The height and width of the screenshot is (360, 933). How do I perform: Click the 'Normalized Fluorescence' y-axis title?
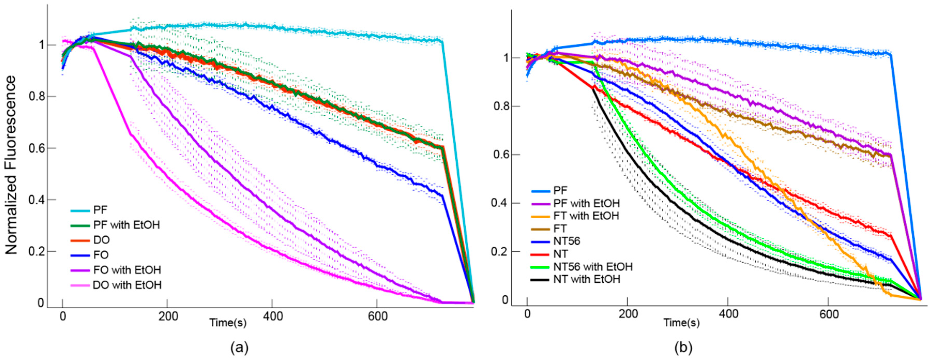[x=11, y=165]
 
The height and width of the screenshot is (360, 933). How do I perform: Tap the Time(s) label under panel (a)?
[x=228, y=322]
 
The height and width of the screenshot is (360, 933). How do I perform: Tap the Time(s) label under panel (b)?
[x=681, y=322]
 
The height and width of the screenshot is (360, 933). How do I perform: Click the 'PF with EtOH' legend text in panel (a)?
[x=126, y=225]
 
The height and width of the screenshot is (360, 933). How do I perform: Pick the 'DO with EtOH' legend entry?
[x=127, y=285]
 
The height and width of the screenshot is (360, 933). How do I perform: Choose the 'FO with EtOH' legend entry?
[x=127, y=270]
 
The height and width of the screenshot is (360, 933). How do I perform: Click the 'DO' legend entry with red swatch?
[x=101, y=240]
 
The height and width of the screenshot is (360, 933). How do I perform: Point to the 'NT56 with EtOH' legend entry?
[x=593, y=267]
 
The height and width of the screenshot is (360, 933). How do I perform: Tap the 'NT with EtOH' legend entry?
[x=587, y=279]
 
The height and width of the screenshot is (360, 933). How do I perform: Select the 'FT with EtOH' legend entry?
[x=586, y=216]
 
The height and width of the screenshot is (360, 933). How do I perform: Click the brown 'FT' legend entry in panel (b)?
[x=560, y=229]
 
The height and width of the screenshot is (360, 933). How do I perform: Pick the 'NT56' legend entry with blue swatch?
[x=566, y=241]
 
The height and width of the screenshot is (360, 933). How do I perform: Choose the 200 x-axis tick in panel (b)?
[x=627, y=314]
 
